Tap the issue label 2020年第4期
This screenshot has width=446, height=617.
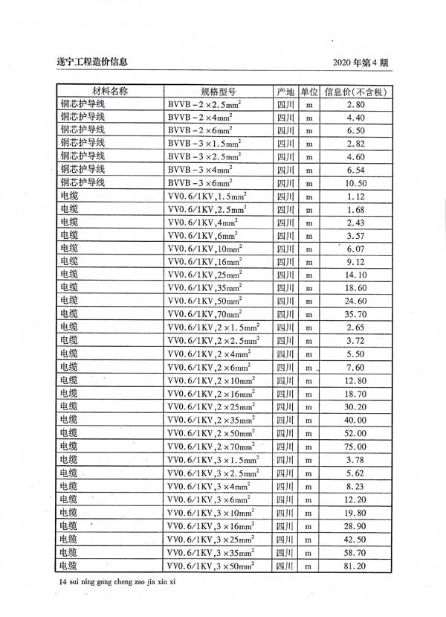360,63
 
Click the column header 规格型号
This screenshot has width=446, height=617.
218,92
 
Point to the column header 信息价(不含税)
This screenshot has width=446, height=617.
356,92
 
